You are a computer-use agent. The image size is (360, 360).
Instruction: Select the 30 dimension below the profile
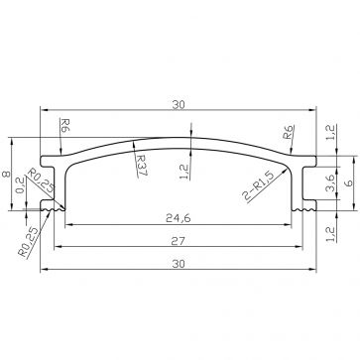180,263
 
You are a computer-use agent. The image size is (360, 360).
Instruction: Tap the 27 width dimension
180,239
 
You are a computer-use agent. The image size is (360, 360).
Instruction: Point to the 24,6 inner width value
180,215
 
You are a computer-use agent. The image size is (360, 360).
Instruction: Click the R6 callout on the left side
63,126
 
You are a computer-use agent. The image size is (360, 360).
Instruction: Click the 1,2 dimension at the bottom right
330,235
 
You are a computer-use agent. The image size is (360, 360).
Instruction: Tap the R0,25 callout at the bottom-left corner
27,241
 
